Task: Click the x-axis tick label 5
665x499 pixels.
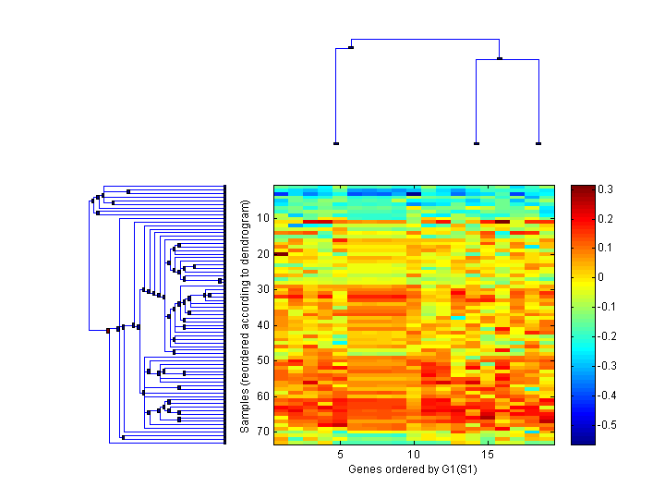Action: [340, 456]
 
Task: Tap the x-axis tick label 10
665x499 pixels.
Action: [414, 456]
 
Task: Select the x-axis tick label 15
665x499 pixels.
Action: [488, 456]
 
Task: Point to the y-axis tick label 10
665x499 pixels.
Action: [263, 218]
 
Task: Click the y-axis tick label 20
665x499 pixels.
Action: [263, 254]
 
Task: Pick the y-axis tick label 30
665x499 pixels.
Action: [263, 289]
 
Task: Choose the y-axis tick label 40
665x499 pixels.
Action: [263, 325]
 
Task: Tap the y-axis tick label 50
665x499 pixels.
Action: [263, 360]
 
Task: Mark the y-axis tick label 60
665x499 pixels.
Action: [263, 396]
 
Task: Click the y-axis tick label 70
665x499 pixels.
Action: [263, 432]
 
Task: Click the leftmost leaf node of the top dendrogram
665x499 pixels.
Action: [336, 144]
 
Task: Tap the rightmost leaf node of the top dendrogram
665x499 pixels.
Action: [538, 144]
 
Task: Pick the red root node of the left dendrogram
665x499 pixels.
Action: [108, 330]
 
